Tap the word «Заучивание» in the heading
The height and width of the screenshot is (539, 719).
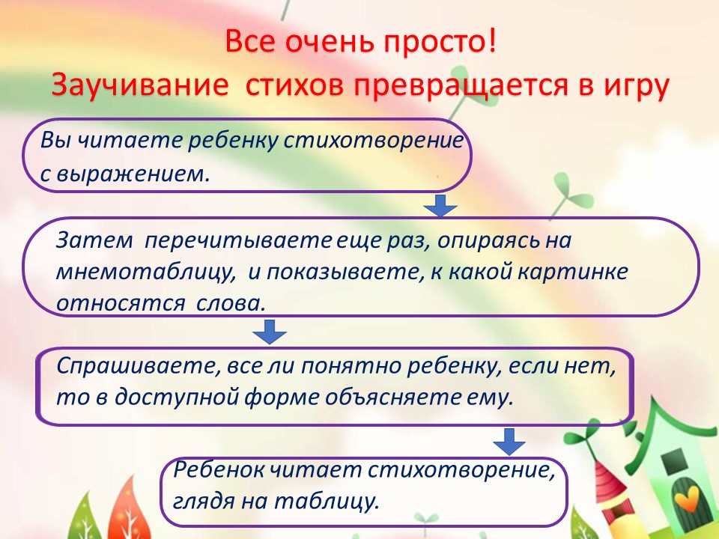click(x=139, y=85)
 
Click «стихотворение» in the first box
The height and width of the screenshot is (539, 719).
click(x=373, y=140)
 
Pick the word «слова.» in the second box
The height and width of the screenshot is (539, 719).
click(x=231, y=304)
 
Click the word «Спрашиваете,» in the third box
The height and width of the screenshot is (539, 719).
click(x=139, y=367)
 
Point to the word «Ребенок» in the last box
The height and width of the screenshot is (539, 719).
click(x=218, y=470)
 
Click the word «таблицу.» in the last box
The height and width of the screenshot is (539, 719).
click(x=327, y=502)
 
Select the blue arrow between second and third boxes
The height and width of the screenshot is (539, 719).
click(x=270, y=332)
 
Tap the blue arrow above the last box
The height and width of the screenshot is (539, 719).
click(x=509, y=442)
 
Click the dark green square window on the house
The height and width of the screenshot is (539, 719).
click(x=673, y=459)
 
